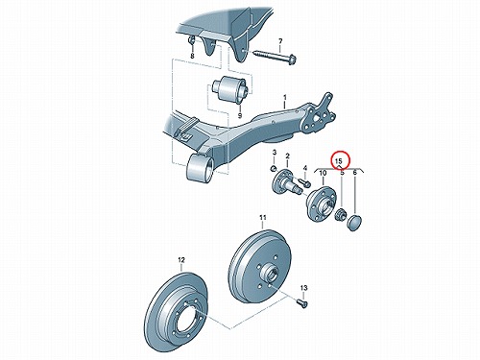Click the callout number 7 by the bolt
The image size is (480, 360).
[280, 41]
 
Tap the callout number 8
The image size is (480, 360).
[192, 56]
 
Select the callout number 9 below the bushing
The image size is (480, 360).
[240, 115]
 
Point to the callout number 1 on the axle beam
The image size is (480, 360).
[285, 97]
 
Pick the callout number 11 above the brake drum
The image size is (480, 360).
[263, 218]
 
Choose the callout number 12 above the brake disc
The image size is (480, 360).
[181, 260]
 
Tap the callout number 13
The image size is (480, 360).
[304, 288]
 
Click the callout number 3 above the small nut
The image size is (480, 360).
[275, 153]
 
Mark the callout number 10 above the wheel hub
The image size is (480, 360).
[323, 173]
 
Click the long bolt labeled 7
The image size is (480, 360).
[276, 56]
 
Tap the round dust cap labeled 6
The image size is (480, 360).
[354, 223]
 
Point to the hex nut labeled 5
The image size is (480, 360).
[340, 215]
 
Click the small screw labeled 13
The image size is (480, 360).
[301, 302]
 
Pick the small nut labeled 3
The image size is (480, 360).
[274, 168]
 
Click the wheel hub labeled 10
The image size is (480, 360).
[321, 204]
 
